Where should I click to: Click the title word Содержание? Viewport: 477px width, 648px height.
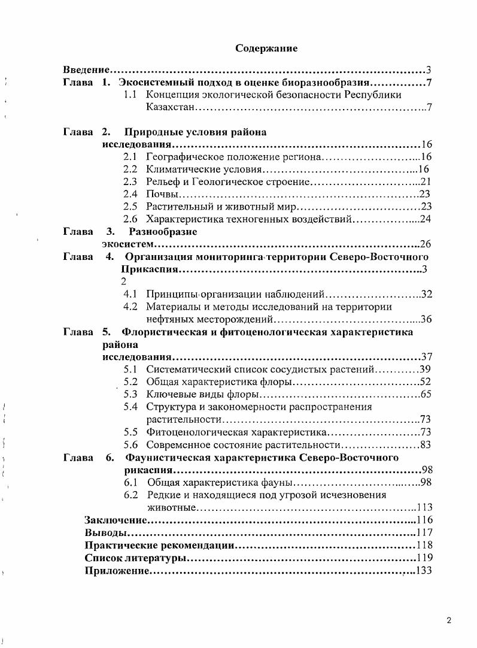coord(266,47)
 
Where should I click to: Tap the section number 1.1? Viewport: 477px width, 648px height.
coord(130,95)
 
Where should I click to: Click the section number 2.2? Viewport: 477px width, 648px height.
coord(130,169)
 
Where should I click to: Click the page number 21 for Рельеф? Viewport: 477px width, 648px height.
coord(426,181)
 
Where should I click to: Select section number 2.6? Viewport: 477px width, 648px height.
coord(130,219)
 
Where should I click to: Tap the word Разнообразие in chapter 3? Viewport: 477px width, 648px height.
coord(163,231)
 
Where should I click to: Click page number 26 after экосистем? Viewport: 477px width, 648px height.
coord(426,244)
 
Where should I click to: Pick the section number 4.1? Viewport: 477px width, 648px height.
coord(130,294)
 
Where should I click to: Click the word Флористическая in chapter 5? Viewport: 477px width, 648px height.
coord(162,332)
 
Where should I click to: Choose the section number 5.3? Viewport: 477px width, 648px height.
coord(130,394)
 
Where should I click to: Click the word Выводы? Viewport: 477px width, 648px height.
coord(105,532)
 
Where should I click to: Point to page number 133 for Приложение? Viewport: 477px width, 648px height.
coord(423,571)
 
